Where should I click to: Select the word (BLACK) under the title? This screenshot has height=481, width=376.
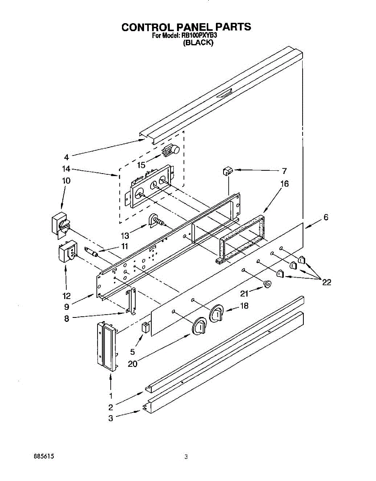click(198, 42)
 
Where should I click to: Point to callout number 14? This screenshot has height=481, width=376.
click(67, 169)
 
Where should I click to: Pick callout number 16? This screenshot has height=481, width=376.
click(285, 184)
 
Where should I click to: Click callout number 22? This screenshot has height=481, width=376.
click(327, 282)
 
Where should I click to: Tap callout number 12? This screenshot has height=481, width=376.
click(67, 296)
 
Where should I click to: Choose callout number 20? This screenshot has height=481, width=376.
click(133, 364)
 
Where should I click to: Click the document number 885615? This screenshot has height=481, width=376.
click(44, 457)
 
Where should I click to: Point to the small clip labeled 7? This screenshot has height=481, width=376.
click(228, 171)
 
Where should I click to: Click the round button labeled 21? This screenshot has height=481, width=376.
click(266, 284)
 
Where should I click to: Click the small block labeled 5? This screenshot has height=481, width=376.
click(145, 326)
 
